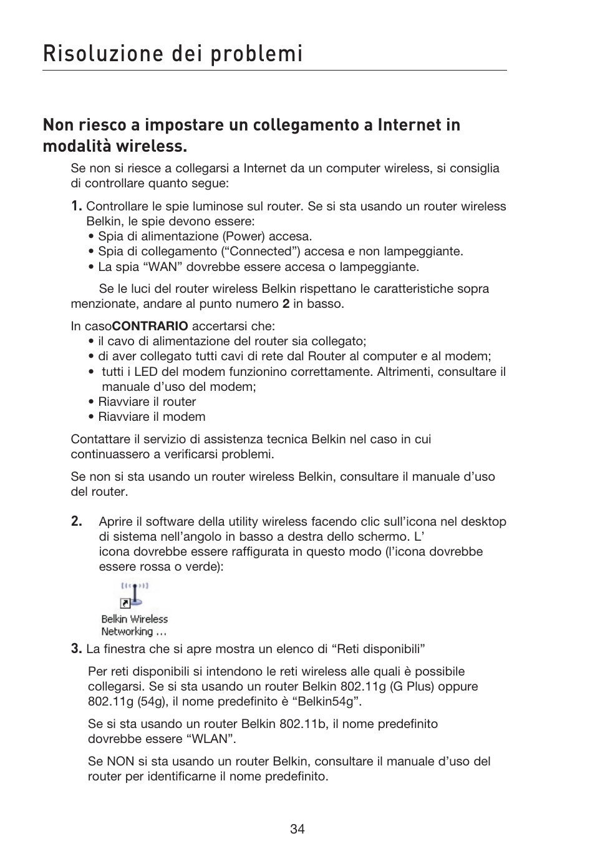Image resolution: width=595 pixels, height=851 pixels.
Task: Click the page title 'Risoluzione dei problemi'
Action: pos(173,54)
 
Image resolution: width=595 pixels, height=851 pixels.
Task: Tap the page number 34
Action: pos(297,829)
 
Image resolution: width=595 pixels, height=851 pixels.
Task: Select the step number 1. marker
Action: pos(76,206)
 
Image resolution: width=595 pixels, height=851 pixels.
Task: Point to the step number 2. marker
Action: pos(76,521)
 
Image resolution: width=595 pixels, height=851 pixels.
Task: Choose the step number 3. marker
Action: pos(76,649)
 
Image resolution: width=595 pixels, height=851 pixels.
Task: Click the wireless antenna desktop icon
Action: pos(133,596)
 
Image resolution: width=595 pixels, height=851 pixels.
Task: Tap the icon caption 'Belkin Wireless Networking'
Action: pos(134,626)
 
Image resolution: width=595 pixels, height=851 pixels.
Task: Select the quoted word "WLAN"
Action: pos(210,739)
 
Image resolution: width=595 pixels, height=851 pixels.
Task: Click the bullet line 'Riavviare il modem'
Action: pos(152,416)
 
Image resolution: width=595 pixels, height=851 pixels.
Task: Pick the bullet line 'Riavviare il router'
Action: pos(147,401)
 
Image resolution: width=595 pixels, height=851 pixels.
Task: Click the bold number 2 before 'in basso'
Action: pos(286,304)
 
